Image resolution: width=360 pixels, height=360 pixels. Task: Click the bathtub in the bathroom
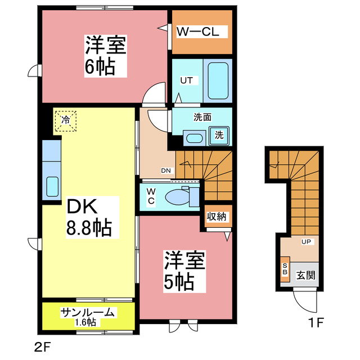point(217,80)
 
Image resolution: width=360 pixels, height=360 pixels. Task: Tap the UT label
point(186,80)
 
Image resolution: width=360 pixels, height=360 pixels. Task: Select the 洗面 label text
point(202,118)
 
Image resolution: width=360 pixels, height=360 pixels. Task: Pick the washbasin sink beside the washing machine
point(195,137)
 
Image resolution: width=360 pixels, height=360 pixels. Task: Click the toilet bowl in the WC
point(180,197)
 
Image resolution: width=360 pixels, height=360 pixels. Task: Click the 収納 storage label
point(216,216)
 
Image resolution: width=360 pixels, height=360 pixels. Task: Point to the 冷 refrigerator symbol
point(66,120)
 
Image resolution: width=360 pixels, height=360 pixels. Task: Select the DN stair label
point(166,170)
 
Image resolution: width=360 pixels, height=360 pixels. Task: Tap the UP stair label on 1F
point(307,242)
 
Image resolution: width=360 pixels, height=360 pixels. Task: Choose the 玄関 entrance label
point(307,275)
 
